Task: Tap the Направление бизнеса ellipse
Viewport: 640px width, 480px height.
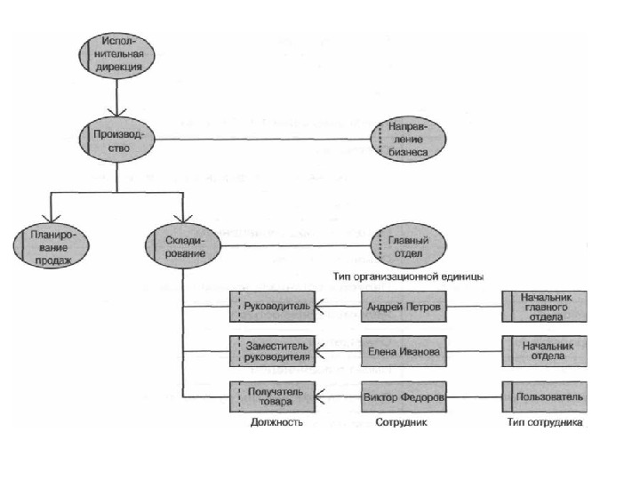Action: coord(408,140)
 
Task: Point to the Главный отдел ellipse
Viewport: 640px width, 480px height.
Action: coord(408,244)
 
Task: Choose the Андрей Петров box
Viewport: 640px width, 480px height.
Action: coord(404,307)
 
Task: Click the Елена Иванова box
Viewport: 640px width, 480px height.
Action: coord(404,351)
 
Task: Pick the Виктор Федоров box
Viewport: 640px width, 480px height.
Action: coord(404,395)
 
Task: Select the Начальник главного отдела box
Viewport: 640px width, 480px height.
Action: coord(545,307)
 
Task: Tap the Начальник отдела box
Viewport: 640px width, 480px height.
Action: coord(545,351)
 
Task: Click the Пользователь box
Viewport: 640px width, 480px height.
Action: coord(545,395)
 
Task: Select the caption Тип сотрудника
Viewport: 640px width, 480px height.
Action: coord(545,423)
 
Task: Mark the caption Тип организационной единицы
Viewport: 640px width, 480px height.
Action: coord(408,276)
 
